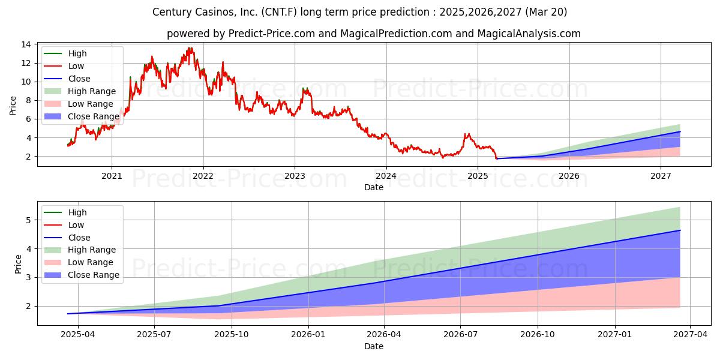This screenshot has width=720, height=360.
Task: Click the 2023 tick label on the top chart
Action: [x=295, y=176]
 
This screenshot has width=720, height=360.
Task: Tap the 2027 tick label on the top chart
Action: [x=661, y=176]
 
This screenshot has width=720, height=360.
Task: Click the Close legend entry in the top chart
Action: [x=79, y=79]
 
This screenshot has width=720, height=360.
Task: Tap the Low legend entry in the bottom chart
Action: [x=76, y=225]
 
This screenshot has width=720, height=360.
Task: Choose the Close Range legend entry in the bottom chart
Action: [x=93, y=275]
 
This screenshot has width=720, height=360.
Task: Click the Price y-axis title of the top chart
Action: [x=13, y=106]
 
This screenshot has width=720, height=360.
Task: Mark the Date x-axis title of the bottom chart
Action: [x=374, y=346]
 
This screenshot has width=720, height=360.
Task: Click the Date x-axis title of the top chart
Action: [x=374, y=187]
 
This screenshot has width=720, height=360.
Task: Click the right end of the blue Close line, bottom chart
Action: [x=680, y=230]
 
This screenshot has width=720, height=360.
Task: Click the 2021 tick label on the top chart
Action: [x=112, y=176]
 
